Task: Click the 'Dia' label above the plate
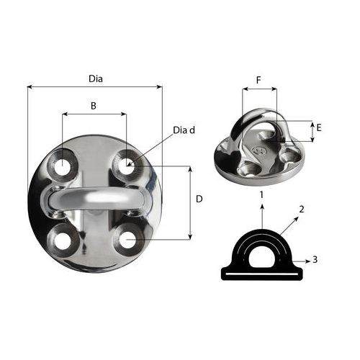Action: [x=96, y=78]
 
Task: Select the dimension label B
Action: [x=94, y=106]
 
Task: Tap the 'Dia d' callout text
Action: [x=184, y=130]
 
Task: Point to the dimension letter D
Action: [x=199, y=199]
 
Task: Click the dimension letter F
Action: [x=258, y=80]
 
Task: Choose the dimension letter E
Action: [x=319, y=127]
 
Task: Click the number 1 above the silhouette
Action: [x=261, y=194]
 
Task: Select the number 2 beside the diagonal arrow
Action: [x=302, y=210]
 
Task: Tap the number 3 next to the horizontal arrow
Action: [x=315, y=259]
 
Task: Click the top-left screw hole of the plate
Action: [x=62, y=166]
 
